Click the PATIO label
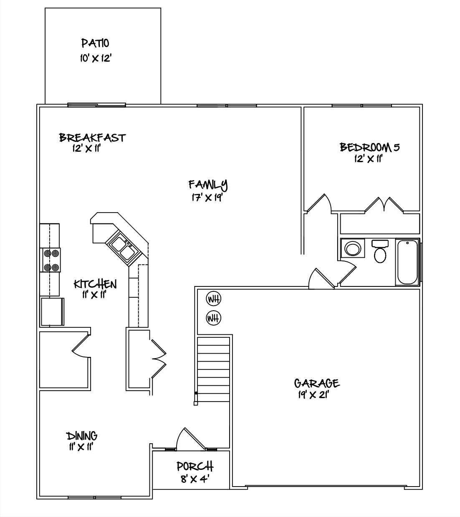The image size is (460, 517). tap(95, 43)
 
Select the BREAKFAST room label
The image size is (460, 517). tap(92, 138)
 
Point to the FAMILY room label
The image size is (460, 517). tap(208, 184)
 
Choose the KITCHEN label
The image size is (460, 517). tap(95, 284)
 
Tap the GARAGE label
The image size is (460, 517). tap(316, 383)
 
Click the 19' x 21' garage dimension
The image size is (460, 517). tap(314, 395)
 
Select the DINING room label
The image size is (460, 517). tap(82, 436)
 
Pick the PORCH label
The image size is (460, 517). tap(195, 466)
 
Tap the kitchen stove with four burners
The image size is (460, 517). tap(50, 260)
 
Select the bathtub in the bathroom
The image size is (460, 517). tap(407, 262)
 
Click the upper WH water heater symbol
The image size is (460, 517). tap(214, 299)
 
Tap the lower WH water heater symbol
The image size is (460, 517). tap(214, 318)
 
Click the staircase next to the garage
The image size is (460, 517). tap(213, 369)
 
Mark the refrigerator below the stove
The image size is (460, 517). tap(52, 311)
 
